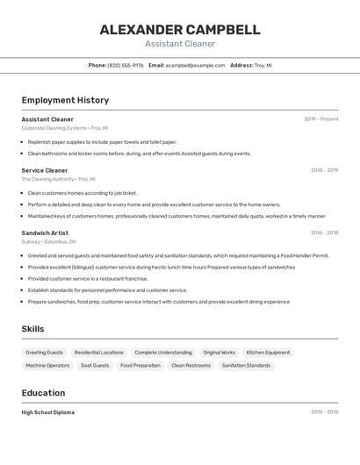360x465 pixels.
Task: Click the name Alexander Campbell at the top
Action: pos(179,29)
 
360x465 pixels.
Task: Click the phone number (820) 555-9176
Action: pos(126,65)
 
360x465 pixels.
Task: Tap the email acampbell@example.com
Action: pos(195,65)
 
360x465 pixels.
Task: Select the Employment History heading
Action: pos(65,100)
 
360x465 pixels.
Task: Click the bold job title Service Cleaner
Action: pos(45,170)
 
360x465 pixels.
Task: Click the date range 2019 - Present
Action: pos(320,119)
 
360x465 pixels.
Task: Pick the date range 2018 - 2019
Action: pos(324,170)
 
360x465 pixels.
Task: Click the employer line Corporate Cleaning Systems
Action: pos(63,128)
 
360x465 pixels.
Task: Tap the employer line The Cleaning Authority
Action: pos(57,179)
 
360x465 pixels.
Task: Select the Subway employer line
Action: pos(48,241)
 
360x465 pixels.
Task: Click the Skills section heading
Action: pos(32,329)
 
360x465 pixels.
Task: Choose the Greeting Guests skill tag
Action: pos(45,353)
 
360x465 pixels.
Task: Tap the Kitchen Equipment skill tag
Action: pos(268,353)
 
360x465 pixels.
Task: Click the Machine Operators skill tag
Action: pos(47,365)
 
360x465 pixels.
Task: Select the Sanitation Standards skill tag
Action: pos(246,365)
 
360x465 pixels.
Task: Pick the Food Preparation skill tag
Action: pos(140,365)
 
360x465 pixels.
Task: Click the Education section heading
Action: pos(43,393)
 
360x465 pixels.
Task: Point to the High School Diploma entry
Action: pos(48,412)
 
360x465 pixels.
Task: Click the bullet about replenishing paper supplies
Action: pos(102,141)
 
